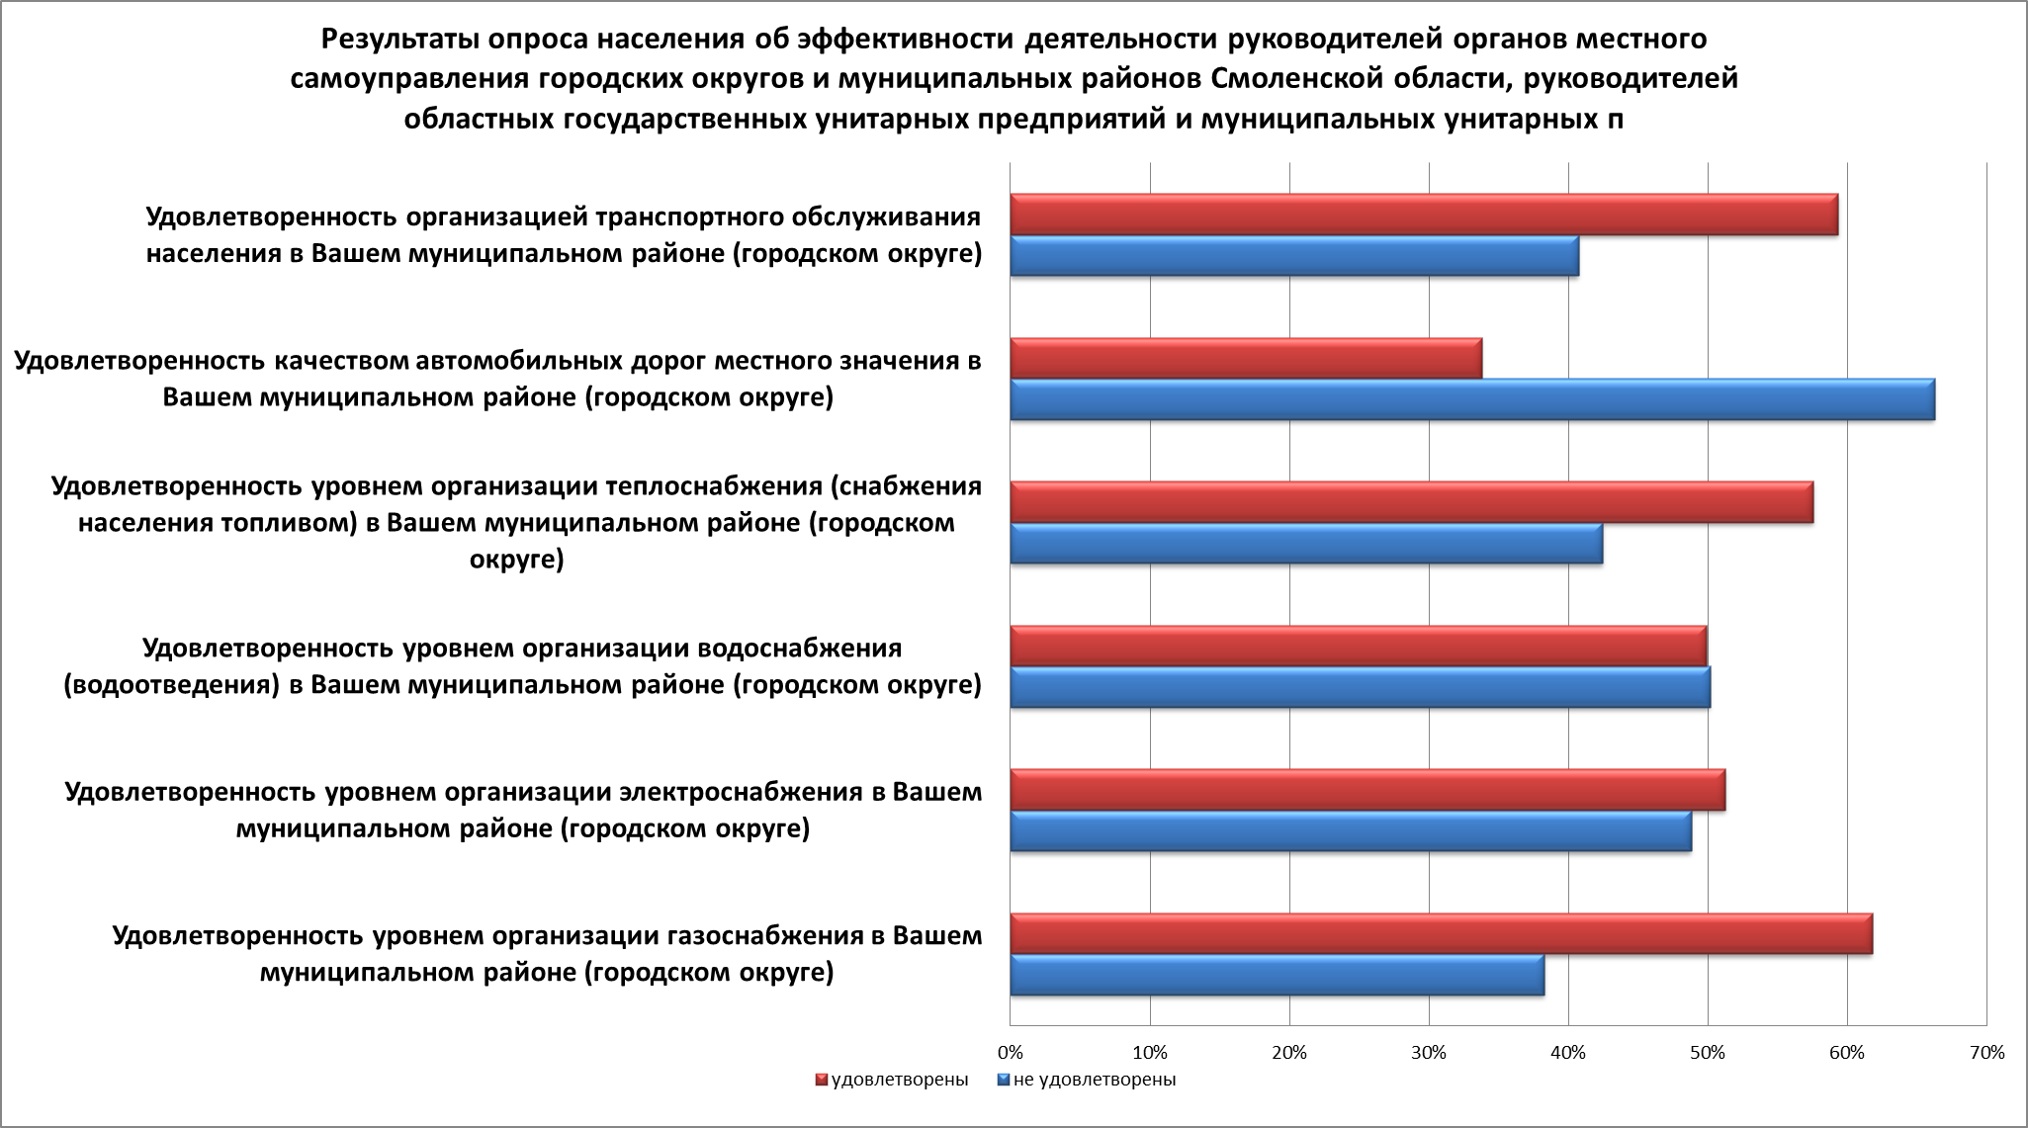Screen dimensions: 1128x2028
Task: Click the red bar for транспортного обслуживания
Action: pos(1424,215)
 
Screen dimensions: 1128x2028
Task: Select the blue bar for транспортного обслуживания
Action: pos(1294,256)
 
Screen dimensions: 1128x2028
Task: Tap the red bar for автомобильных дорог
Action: pos(1246,358)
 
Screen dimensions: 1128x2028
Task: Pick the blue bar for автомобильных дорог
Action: pos(1472,399)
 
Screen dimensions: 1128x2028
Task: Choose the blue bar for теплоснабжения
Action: pos(1306,543)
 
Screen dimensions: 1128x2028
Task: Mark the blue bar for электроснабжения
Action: pos(1351,830)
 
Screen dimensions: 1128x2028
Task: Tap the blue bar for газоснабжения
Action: pos(1277,976)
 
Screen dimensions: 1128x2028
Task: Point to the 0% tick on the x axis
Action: pos(1010,1053)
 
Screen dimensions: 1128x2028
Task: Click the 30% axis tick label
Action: pos(1429,1053)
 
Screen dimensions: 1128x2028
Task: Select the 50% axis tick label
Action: pos(1708,1053)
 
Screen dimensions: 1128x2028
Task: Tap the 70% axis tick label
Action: pos(1986,1053)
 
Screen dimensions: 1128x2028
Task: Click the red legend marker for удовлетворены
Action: pos(822,1080)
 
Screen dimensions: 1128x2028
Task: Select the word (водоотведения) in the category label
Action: pos(172,685)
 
